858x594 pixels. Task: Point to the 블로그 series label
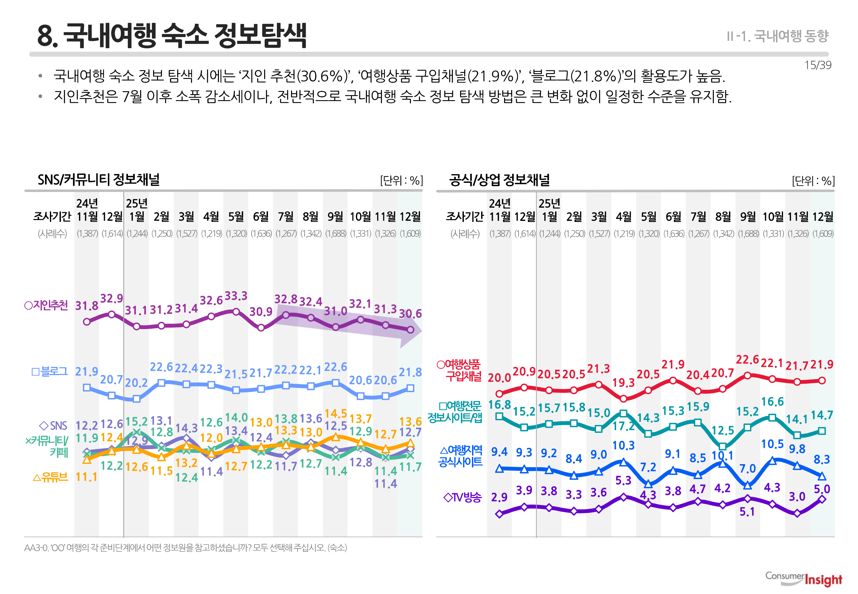pyautogui.click(x=50, y=371)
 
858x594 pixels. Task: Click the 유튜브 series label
pyautogui.click(x=51, y=477)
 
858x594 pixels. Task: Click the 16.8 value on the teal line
pyautogui.click(x=499, y=404)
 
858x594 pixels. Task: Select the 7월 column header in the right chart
pyautogui.click(x=698, y=217)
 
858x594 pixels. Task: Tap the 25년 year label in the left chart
pyautogui.click(x=137, y=203)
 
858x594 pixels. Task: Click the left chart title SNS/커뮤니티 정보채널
pyautogui.click(x=98, y=180)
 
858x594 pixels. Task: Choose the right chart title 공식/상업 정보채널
pyautogui.click(x=499, y=180)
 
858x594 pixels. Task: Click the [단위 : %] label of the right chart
pyautogui.click(x=813, y=181)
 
